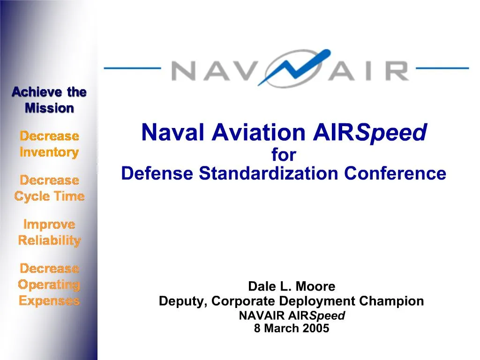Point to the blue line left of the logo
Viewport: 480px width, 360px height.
coord(132,68)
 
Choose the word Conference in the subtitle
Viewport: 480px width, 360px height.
coord(395,174)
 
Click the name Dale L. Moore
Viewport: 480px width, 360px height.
coord(292,286)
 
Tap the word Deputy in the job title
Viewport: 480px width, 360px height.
coord(180,301)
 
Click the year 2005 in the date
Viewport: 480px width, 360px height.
coord(316,329)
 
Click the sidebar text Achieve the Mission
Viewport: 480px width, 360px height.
coord(49,100)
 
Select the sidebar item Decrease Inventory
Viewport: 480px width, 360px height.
coord(49,144)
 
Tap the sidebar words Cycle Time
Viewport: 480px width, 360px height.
coord(49,196)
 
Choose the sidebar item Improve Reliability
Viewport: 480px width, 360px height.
coord(49,233)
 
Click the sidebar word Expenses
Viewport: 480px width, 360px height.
coord(49,301)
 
